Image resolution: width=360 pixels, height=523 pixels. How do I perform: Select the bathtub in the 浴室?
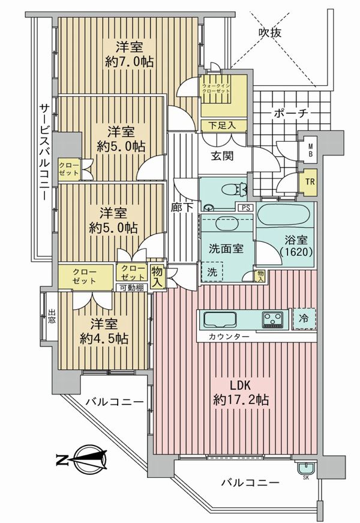(286, 215)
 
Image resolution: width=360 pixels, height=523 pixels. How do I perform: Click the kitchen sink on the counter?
(220, 320)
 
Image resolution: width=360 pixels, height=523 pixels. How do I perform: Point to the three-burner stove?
(272, 319)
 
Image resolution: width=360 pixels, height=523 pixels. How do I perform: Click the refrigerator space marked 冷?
(304, 318)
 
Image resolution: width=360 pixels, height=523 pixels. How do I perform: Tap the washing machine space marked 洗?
(212, 271)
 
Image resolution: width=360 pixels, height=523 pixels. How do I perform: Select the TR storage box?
(310, 182)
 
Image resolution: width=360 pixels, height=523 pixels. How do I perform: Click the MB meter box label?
(310, 150)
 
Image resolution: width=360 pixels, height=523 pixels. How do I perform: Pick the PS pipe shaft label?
(245, 208)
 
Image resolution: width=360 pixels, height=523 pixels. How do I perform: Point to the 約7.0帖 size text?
(129, 62)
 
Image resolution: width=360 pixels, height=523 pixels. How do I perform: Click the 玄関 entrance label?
(222, 156)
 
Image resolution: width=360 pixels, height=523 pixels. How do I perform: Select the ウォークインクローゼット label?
(215, 88)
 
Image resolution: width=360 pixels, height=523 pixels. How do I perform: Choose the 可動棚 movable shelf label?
(132, 288)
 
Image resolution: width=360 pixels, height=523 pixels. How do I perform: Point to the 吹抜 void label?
(270, 32)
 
